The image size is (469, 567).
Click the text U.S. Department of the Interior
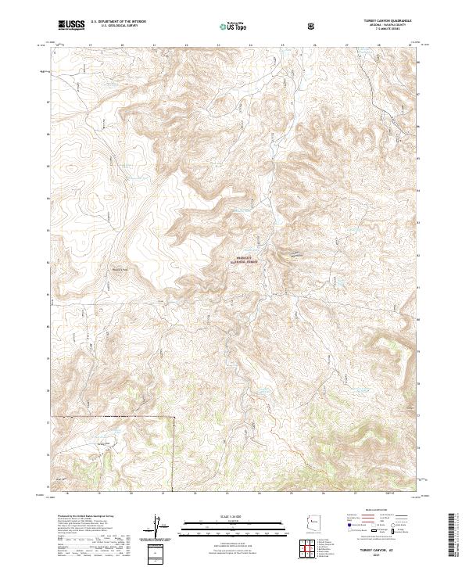tap(118, 23)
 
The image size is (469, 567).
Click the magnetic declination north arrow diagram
tap(156, 525)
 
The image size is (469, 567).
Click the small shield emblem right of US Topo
tap(313, 26)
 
